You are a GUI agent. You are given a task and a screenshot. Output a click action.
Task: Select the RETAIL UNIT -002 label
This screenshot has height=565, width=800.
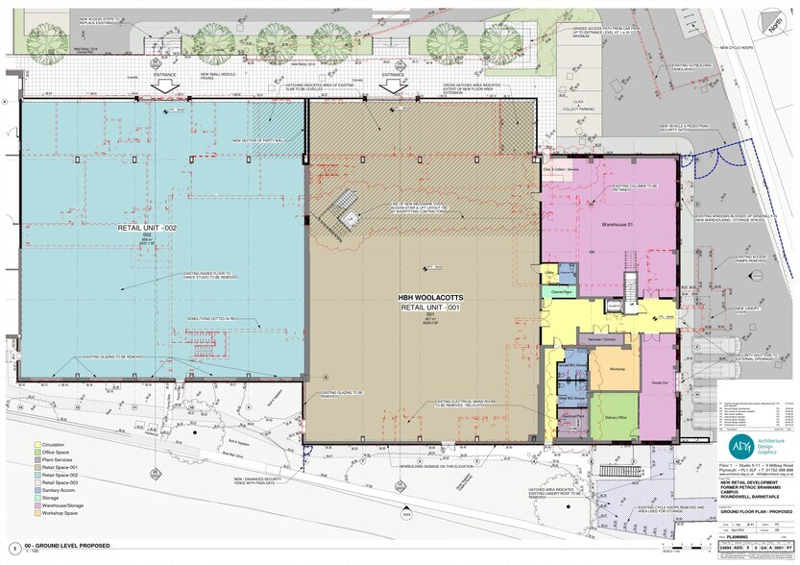[x=148, y=228]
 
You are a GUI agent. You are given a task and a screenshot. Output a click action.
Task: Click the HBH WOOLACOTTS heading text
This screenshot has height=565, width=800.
[x=424, y=299]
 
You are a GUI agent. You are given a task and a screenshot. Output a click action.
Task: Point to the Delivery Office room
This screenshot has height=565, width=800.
[x=616, y=418]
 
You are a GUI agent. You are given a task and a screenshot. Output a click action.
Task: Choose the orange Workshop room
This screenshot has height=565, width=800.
[x=616, y=370]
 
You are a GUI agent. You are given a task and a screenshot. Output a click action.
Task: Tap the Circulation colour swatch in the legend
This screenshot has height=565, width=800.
[x=37, y=446]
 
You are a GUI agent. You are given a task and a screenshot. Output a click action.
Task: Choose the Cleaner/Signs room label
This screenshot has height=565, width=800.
[x=562, y=290]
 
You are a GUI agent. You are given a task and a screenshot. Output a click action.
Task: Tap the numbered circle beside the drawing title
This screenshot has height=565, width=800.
[x=13, y=549]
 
